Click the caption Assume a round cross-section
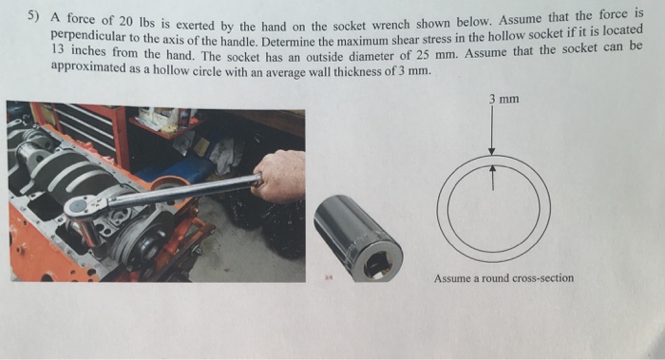[503, 278]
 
